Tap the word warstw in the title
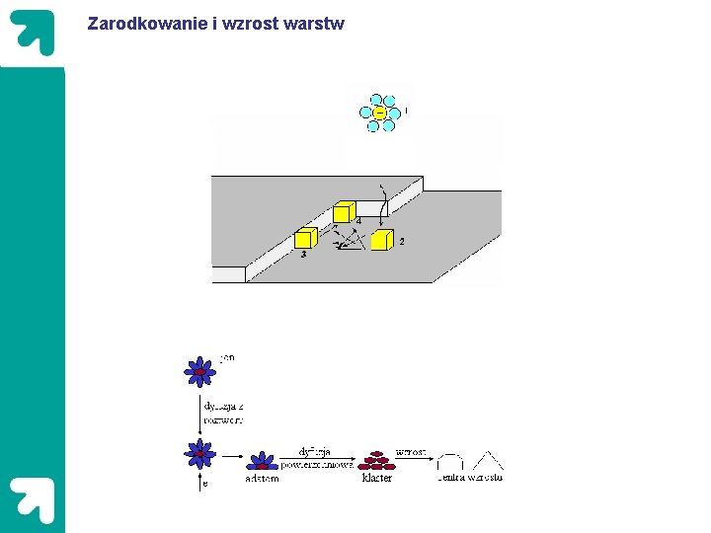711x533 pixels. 313,23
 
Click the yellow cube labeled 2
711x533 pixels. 381,240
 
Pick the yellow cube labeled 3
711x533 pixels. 305,238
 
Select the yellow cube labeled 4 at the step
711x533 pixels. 343,211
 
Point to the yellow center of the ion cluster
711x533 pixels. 378,113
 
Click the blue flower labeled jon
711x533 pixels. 200,371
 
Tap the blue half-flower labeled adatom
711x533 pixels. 261,461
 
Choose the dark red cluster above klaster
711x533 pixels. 376,460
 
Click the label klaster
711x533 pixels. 377,478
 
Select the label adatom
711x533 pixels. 262,478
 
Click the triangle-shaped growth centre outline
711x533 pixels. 487,461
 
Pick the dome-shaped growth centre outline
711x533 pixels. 451,462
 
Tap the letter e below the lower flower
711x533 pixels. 205,484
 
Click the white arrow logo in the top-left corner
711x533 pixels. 33,34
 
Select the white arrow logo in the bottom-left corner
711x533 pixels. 33,499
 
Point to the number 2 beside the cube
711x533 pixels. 401,241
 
